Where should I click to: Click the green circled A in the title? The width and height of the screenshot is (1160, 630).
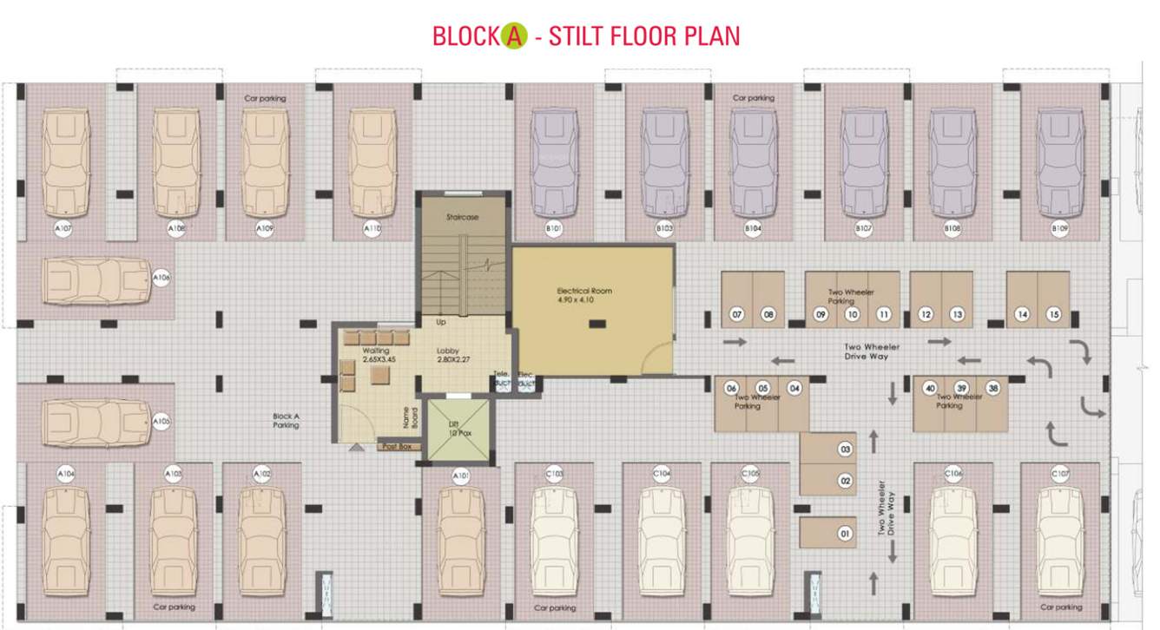click(x=514, y=36)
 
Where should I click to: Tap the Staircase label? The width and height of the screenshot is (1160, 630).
click(x=463, y=217)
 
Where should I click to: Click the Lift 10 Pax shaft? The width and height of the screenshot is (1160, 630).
click(x=454, y=430)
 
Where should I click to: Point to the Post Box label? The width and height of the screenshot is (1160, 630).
click(x=399, y=447)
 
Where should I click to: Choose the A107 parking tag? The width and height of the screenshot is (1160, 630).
click(x=63, y=229)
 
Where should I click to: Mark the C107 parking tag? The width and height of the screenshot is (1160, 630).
click(x=1060, y=474)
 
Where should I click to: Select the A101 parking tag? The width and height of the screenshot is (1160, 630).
click(x=461, y=475)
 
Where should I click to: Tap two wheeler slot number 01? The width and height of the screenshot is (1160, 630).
click(x=845, y=534)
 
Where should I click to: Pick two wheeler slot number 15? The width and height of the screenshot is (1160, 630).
click(x=1054, y=314)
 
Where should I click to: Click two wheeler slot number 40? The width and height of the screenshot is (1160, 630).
click(x=930, y=388)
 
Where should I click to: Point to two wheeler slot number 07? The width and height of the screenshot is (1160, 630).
click(x=737, y=314)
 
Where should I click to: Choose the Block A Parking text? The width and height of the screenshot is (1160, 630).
click(x=286, y=421)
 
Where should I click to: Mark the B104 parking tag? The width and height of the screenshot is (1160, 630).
click(x=753, y=229)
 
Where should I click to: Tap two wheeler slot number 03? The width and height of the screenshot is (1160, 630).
click(x=845, y=450)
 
